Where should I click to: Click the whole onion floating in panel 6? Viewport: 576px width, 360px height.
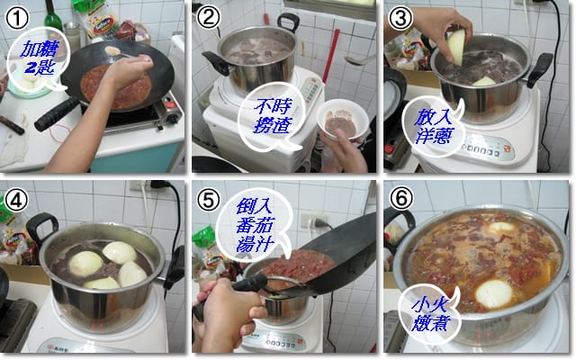[493, 293]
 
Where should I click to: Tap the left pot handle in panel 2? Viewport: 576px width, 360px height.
[217, 62]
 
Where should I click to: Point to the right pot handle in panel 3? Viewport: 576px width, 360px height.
[540, 67]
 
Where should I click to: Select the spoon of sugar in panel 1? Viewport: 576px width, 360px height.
[114, 51]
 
